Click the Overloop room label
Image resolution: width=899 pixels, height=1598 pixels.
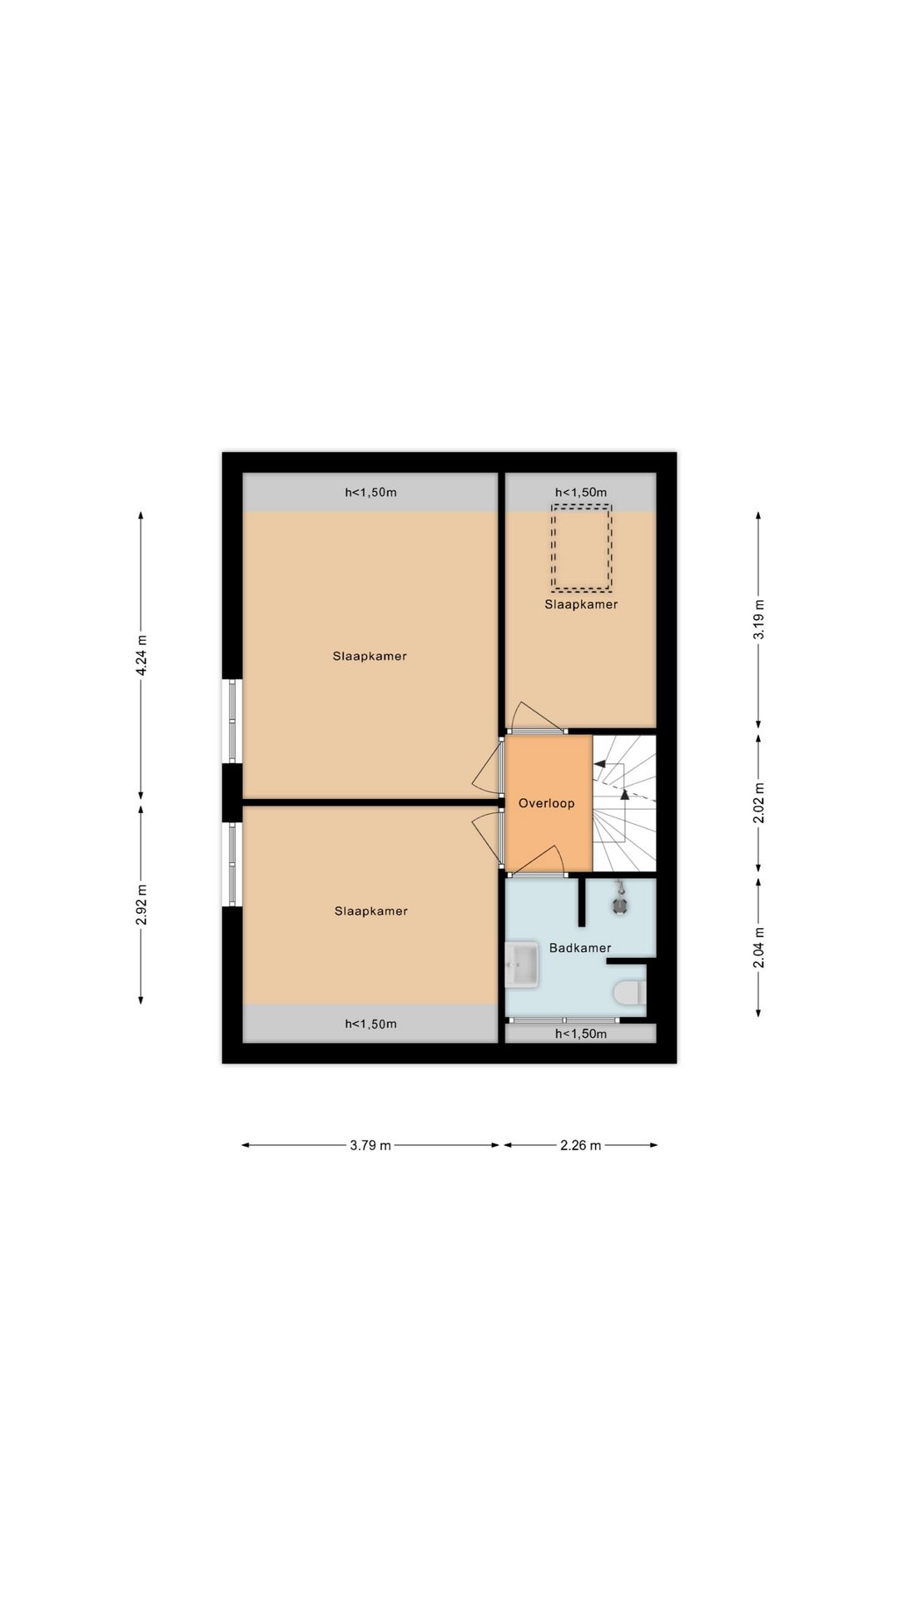[x=546, y=803]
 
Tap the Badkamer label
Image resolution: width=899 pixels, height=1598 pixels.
[x=579, y=948]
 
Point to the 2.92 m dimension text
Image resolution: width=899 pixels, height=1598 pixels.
[x=142, y=905]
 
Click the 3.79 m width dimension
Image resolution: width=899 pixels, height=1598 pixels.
[x=370, y=1145]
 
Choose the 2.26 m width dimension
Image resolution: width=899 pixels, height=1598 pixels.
[x=580, y=1145]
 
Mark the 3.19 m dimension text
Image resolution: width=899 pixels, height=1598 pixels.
[x=758, y=619]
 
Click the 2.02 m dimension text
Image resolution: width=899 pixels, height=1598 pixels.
[x=758, y=804]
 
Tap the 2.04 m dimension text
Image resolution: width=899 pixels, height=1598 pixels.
[x=758, y=948]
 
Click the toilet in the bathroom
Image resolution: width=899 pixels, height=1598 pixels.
[x=628, y=993]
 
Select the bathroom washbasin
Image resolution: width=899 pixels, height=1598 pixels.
[x=522, y=965]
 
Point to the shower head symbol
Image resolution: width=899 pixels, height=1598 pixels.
[x=620, y=902]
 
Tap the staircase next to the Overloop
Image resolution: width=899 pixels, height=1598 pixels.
[x=624, y=802]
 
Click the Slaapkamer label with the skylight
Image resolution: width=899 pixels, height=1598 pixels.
[x=581, y=604]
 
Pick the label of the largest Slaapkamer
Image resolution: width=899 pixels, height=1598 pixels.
[x=370, y=656]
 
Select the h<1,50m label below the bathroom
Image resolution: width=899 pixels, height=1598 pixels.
[x=581, y=1034]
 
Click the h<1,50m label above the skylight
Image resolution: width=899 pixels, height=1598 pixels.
[x=581, y=492]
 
